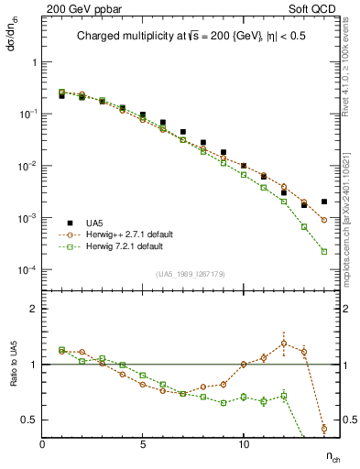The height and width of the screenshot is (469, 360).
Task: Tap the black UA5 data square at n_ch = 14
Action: coord(324,202)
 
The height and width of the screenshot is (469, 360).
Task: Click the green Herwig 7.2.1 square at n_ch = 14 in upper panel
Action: coord(324,251)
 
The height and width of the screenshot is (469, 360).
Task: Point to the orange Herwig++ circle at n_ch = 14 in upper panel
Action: coord(324,220)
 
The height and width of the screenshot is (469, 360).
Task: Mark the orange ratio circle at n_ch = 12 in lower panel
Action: coord(284,344)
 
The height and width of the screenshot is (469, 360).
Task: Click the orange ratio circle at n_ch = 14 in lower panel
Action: coord(324,428)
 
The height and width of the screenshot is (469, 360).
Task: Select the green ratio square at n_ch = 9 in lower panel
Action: coord(224,403)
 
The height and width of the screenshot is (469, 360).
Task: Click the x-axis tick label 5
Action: coord(143,444)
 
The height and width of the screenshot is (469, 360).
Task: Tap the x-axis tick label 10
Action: coord(244,444)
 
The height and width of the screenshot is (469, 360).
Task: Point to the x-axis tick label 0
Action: coord(42,444)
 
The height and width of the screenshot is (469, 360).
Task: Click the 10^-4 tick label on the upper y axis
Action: coord(27,270)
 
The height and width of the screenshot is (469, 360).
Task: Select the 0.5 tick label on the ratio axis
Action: coord(29,420)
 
